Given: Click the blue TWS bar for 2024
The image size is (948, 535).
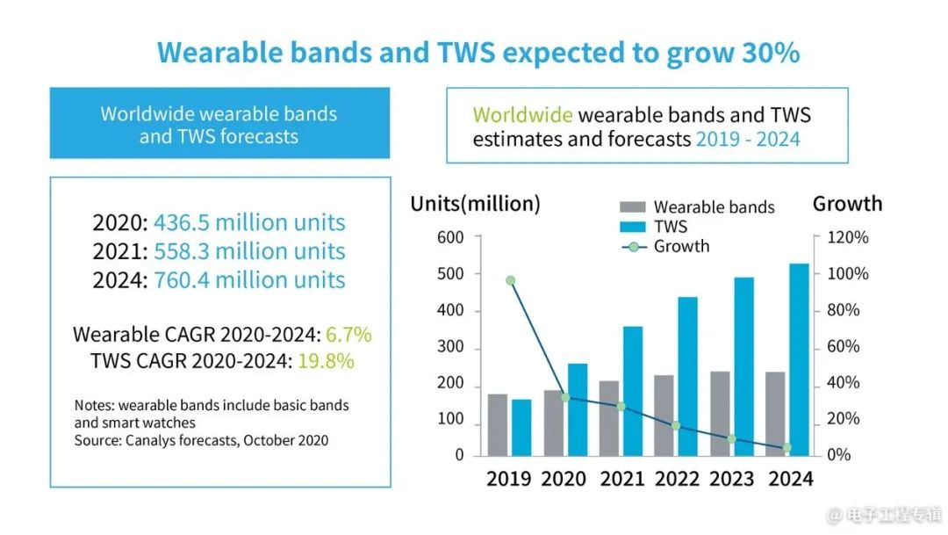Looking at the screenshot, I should click(799, 359).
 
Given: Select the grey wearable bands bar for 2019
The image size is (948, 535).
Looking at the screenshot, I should click(498, 424).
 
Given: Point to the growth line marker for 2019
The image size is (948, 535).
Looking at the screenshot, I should click(510, 281).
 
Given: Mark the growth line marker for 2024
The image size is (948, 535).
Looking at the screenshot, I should click(787, 448).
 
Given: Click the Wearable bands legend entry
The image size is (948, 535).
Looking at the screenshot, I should click(714, 207).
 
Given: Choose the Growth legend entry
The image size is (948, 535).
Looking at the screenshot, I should click(681, 246).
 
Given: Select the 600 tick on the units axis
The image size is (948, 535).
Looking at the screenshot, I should click(450, 237).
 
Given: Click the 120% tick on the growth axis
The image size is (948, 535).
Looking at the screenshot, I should click(847, 237).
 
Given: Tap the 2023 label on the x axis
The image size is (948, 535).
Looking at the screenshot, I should click(732, 479).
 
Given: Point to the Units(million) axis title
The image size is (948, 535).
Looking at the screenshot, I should click(476, 204).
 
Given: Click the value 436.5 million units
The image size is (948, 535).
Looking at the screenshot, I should click(249, 223).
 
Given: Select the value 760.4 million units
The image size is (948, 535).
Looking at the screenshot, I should click(249, 281).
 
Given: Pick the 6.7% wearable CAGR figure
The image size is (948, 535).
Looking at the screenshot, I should click(348, 335).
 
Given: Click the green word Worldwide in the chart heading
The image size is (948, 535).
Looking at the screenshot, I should click(522, 115).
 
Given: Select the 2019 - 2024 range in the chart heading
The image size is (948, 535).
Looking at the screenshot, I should click(748, 139).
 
